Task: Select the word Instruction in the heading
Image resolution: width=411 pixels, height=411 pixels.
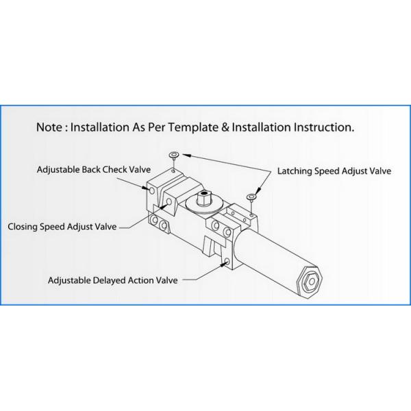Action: tap(323, 127)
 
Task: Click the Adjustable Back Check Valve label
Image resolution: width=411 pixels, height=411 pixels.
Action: tap(93, 169)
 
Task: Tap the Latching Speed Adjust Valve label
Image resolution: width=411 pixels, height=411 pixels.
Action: tap(334, 171)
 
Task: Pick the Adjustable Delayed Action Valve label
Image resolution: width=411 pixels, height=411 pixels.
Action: tap(112, 280)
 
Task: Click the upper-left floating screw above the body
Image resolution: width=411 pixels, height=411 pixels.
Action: tap(175, 154)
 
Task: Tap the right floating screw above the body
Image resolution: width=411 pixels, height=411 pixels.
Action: tap(253, 197)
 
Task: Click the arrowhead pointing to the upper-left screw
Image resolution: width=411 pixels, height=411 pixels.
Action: tap(183, 155)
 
